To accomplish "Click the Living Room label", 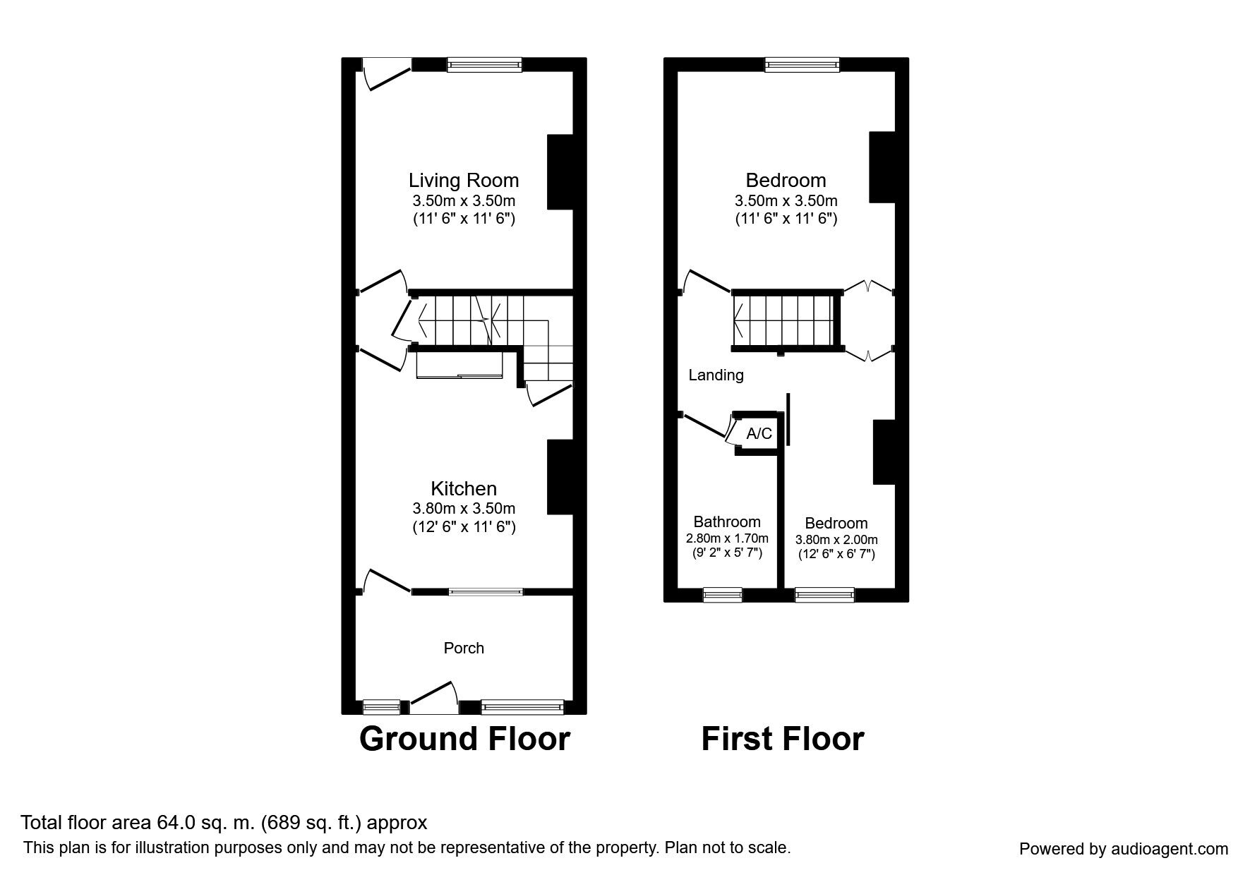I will pos(463,181).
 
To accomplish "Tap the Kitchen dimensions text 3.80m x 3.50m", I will pos(463,508).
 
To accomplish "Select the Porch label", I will pos(464,648).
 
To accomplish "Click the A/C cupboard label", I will pos(759,433).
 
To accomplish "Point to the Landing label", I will pos(716,375).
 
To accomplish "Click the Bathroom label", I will pos(726,521).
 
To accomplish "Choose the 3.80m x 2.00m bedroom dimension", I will pos(836,540).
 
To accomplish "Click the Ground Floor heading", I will pos(464,739).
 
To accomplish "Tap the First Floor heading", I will pos(782,739).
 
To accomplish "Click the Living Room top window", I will pos(484,65).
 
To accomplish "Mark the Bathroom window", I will pos(723,596).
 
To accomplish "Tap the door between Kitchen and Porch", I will pos(385,581).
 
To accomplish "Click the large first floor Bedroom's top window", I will pos(803,65).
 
